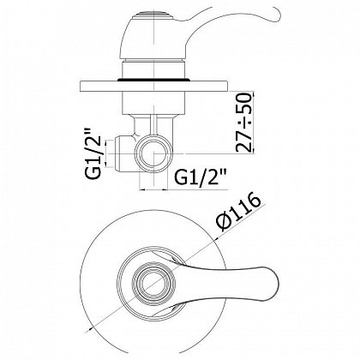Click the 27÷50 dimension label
(245, 122)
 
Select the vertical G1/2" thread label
(93, 153)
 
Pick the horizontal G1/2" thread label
(201, 177)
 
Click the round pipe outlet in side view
(154, 153)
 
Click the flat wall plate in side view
(154, 87)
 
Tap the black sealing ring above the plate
(154, 80)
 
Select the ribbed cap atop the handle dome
(153, 14)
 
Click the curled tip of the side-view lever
(273, 15)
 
